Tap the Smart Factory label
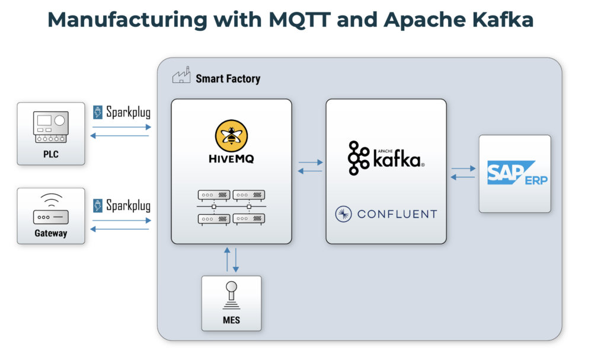pyautogui.click(x=228, y=78)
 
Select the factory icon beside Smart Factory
pyautogui.click(x=181, y=77)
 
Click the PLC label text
pyautogui.click(x=51, y=156)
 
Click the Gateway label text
pyautogui.click(x=51, y=233)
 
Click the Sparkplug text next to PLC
pyautogui.click(x=128, y=112)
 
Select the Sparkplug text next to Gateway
pyautogui.click(x=128, y=206)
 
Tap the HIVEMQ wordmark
pyautogui.click(x=231, y=160)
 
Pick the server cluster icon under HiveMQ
pyautogui.click(x=231, y=206)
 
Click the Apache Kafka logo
pyautogui.click(x=386, y=158)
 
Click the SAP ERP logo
pyautogui.click(x=515, y=173)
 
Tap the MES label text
pyautogui.click(x=231, y=323)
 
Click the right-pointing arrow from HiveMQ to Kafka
pyautogui.click(x=309, y=162)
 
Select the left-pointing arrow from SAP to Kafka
pyautogui.click(x=463, y=177)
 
